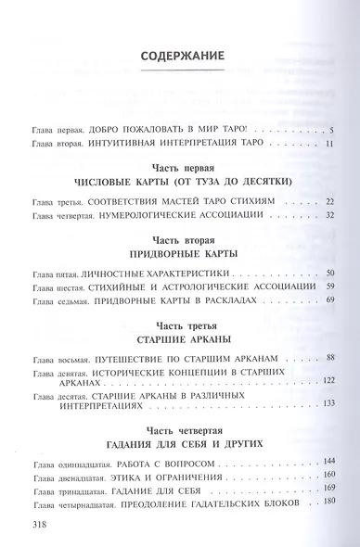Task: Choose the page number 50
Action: point(328,274)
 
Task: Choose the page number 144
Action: point(328,461)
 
